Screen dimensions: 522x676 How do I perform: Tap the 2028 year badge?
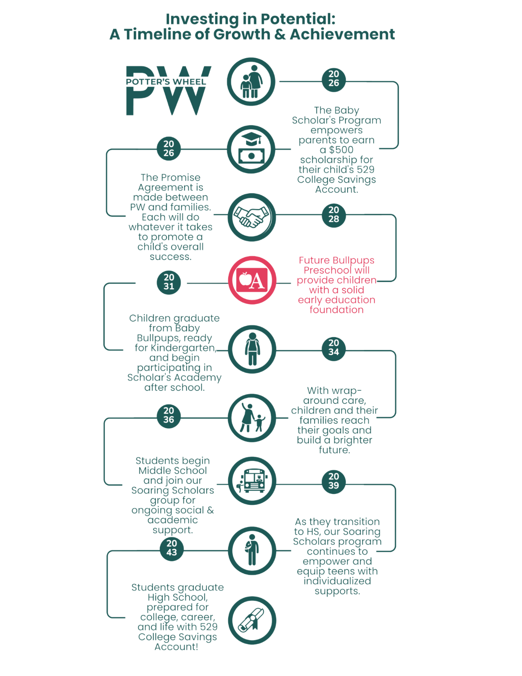333,215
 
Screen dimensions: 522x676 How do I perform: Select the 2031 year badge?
169,282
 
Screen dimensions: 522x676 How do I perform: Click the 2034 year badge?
333,348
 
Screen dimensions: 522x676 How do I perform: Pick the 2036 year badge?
169,415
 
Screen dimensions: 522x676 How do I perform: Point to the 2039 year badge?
333,481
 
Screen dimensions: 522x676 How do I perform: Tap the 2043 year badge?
171,548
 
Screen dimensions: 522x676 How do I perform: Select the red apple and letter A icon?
252,280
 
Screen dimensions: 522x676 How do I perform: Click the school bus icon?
252,481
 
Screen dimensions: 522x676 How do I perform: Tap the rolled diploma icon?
252,620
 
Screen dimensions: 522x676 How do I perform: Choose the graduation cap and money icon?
251,149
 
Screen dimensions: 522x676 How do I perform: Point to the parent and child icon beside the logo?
251,81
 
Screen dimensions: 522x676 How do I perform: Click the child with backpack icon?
252,349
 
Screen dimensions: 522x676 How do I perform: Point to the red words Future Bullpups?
336,260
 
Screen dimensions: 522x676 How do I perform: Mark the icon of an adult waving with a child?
252,418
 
